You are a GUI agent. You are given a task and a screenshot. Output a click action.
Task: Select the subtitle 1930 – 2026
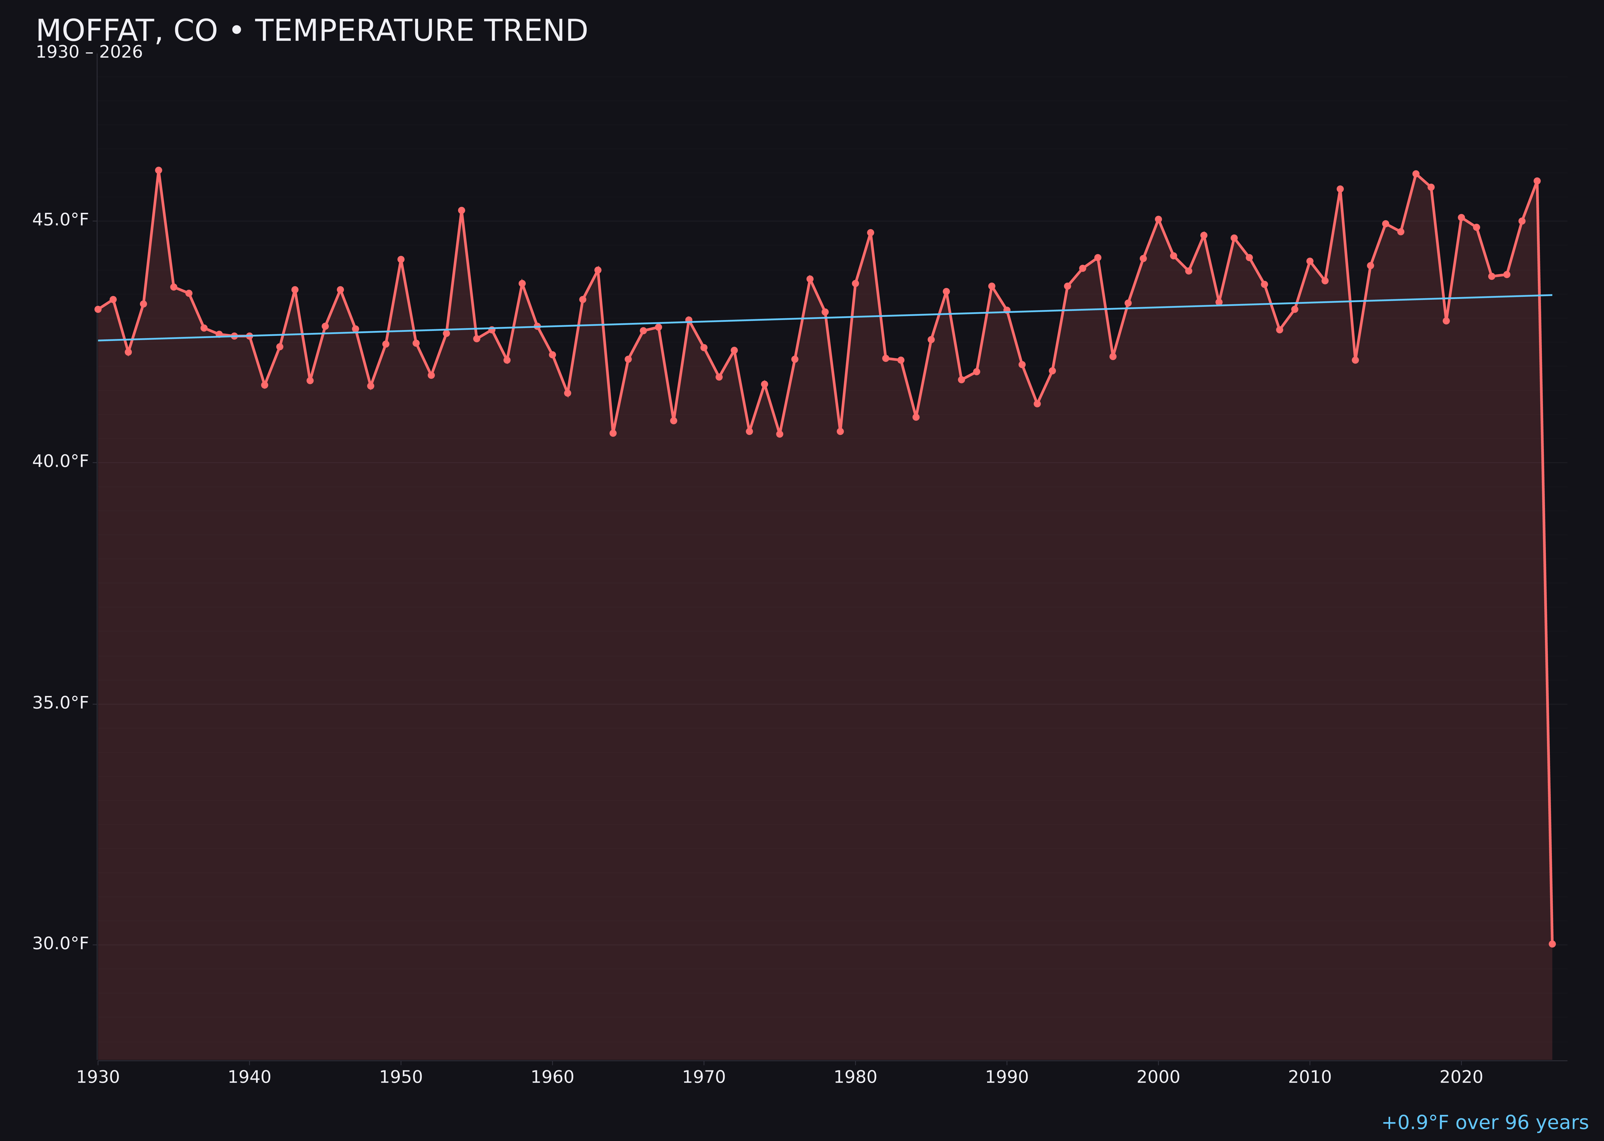point(89,53)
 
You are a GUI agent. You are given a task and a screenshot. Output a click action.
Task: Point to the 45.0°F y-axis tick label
point(61,220)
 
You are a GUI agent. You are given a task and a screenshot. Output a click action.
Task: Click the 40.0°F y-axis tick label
point(61,462)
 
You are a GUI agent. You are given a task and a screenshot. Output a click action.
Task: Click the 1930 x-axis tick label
point(97,1078)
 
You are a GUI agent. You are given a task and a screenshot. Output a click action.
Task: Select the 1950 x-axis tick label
point(401,1078)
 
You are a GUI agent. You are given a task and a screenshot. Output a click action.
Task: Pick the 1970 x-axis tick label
point(704,1078)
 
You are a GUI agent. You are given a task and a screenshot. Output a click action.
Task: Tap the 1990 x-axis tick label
point(1007,1078)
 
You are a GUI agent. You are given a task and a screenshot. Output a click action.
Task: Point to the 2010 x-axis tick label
point(1310,1078)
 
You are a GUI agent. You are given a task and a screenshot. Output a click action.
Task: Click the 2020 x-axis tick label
point(1461,1078)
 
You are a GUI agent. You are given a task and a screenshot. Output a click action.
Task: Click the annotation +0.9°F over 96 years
point(1485,1123)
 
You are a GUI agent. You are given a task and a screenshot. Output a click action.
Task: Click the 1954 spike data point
point(462,211)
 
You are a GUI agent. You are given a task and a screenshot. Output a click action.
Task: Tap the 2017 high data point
point(1416,174)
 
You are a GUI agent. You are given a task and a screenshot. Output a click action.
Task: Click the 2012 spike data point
point(1340,189)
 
